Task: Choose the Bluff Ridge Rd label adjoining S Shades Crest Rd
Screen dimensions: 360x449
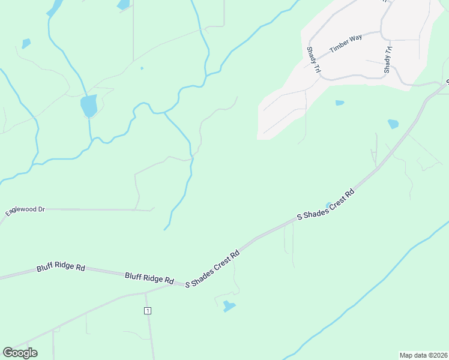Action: (x=149, y=278)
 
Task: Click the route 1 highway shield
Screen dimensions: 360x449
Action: (x=147, y=310)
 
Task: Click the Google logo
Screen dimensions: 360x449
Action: (x=20, y=353)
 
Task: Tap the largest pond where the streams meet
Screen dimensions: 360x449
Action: (x=89, y=106)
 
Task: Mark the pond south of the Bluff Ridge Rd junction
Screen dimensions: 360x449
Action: (x=229, y=307)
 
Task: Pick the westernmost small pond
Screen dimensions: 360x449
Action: (x=26, y=43)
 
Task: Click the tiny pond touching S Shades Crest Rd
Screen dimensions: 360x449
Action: (x=328, y=206)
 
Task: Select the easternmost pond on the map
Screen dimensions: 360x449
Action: (x=393, y=124)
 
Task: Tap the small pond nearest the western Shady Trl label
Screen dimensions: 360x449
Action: (x=340, y=103)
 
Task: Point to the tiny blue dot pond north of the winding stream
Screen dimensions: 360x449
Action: (x=142, y=68)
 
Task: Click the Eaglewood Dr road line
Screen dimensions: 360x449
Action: (x=90, y=209)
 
